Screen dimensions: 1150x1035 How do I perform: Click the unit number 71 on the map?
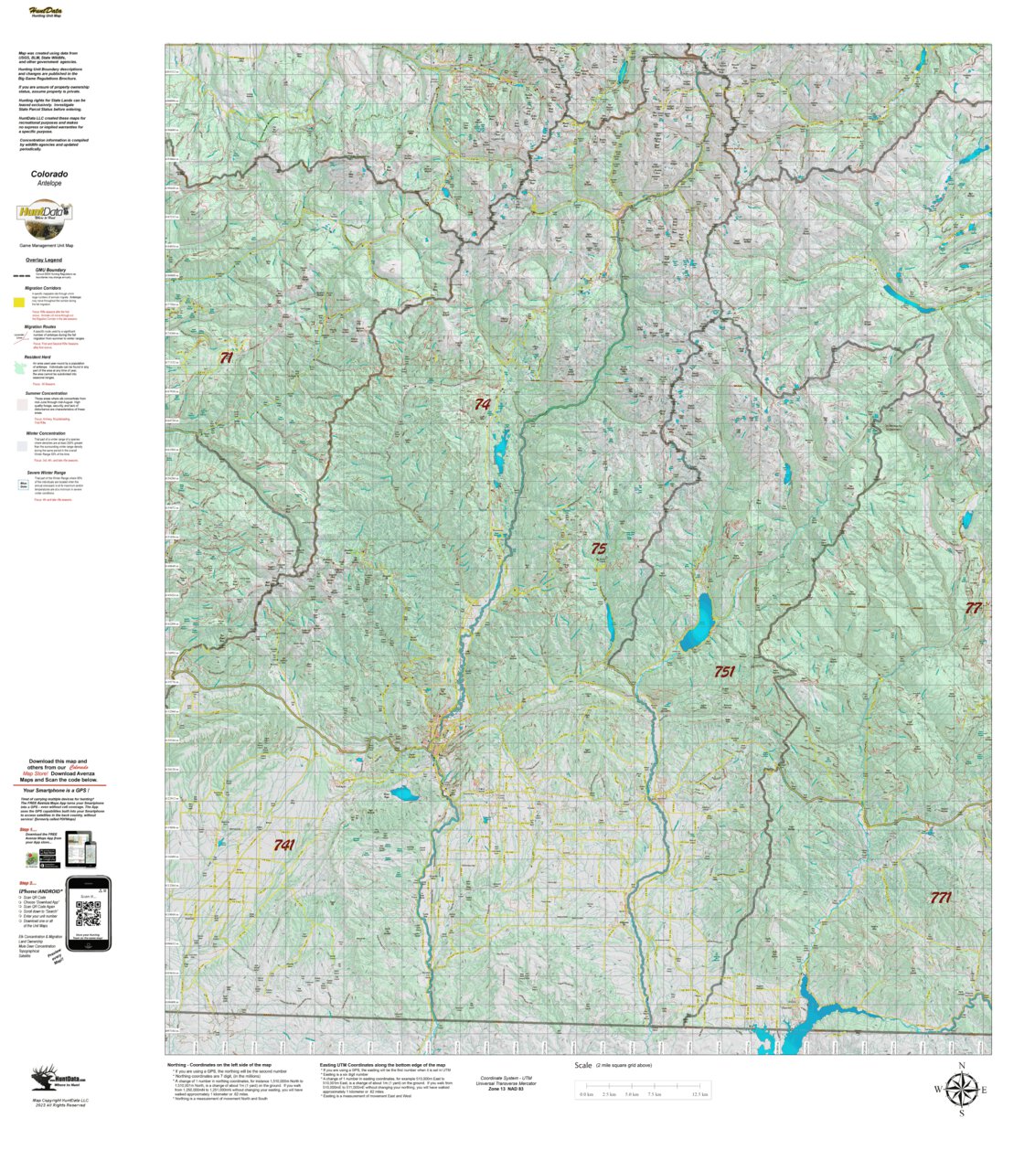coord(226,358)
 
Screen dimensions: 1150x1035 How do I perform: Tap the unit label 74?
coord(482,404)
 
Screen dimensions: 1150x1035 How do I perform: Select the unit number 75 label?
coord(598,548)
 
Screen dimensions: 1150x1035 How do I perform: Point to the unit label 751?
coord(724,671)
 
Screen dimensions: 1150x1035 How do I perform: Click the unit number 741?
coord(284,846)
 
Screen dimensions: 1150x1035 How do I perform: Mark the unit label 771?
coord(940,897)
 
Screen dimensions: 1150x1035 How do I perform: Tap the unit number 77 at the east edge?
coord(973,608)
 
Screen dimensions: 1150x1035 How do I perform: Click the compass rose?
coord(961,1089)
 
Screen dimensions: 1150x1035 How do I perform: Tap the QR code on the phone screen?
coord(88,913)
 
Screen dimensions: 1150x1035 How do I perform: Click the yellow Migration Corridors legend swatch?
coord(19,301)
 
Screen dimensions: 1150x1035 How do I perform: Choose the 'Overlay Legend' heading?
coord(44,260)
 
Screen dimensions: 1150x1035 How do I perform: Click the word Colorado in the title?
coord(49,174)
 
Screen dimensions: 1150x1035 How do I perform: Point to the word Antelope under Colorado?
coord(49,184)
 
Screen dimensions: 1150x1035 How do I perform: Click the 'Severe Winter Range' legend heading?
coord(50,473)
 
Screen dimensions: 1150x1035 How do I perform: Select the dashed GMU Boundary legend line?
coord(19,273)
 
